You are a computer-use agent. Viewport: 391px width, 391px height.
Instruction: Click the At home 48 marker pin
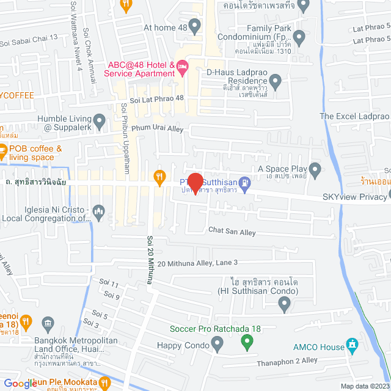[195, 27]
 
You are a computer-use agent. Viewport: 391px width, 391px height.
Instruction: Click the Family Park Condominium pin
[299, 38]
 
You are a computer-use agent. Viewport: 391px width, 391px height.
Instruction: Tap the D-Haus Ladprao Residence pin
[276, 80]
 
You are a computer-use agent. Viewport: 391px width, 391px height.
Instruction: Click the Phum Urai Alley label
[153, 129]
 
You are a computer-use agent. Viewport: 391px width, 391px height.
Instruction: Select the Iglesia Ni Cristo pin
[100, 211]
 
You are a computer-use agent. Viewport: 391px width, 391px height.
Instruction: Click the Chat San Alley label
[232, 232]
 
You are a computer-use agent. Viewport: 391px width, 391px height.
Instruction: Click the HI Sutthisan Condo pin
[283, 304]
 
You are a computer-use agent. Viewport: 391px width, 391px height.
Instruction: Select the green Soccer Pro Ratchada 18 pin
[247, 341]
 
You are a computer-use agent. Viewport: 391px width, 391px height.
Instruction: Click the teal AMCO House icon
[352, 346]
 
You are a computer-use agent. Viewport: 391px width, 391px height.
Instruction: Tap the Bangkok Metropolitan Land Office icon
[48, 323]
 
